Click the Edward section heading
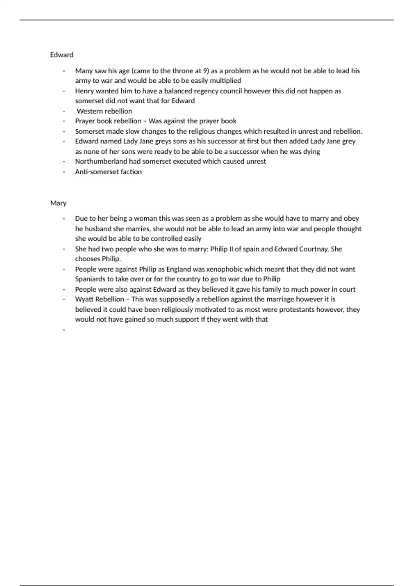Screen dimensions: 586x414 (62, 55)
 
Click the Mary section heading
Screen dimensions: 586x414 (58, 203)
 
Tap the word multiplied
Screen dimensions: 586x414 (225, 81)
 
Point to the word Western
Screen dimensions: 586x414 (89, 111)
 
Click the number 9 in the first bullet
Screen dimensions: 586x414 (206, 71)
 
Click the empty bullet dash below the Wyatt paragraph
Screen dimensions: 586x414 (64, 330)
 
